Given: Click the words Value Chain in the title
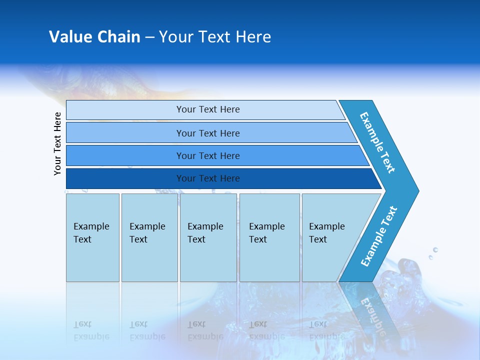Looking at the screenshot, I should coord(94,37).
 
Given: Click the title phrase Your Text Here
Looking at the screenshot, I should coord(215,37).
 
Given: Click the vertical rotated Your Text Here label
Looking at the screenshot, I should coord(58,144).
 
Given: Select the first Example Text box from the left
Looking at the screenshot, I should coord(92,237).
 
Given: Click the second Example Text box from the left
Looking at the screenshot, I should coord(149,237).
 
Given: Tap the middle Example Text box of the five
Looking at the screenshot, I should coord(208,237).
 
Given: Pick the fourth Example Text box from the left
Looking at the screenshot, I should coord(269,237).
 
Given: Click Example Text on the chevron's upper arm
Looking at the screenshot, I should coord(377,142).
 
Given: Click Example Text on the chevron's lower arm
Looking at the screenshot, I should coord(379,236).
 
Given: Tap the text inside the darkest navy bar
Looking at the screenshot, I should coord(208,178).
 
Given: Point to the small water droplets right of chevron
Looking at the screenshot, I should coord(433,252).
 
